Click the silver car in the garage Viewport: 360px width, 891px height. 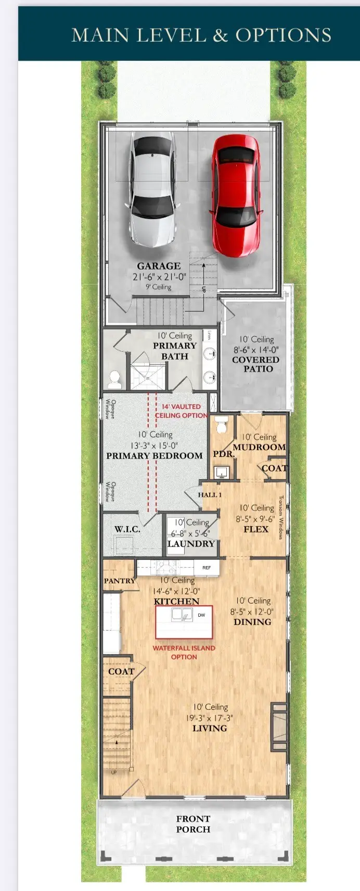pos(152,188)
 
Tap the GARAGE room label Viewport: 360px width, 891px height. pos(159,266)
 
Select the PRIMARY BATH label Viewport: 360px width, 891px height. pos(174,351)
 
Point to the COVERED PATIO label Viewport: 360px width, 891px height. pos(255,364)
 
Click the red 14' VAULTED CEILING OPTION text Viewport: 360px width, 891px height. pos(181,411)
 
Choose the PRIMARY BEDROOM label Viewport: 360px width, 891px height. pos(155,455)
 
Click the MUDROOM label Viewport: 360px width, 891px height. pos(259,447)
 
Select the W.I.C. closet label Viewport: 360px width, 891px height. pos(127,529)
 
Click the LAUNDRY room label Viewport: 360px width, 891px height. pos(191,543)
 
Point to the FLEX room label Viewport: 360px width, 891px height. pos(256,529)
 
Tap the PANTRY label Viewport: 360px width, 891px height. pos(119,580)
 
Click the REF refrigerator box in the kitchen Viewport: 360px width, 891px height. pos(207,567)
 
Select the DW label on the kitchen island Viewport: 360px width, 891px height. pos(201,615)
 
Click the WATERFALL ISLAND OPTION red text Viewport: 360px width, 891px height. pos(184,652)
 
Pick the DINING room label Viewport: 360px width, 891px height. pos(252,621)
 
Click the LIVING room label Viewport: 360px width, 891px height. pos(210,728)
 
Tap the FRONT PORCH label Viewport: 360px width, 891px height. pos(193,824)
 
